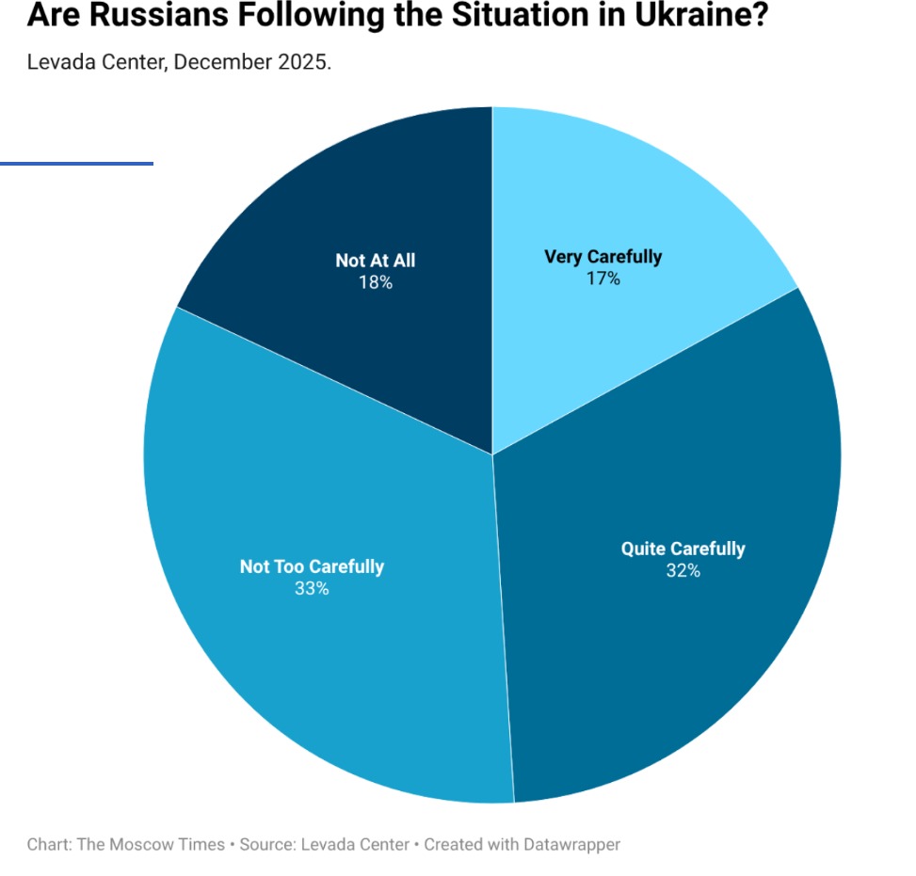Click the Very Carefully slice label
[603, 256]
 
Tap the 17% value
[603, 279]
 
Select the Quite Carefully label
[683, 549]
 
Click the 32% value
[683, 570]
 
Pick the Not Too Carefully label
[312, 566]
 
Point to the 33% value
[312, 588]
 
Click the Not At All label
[375, 261]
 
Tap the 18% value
[375, 282]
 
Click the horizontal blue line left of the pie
[76, 164]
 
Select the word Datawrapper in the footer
[572, 844]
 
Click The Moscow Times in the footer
[151, 844]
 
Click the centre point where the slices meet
[492, 454]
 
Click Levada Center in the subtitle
[96, 62]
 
